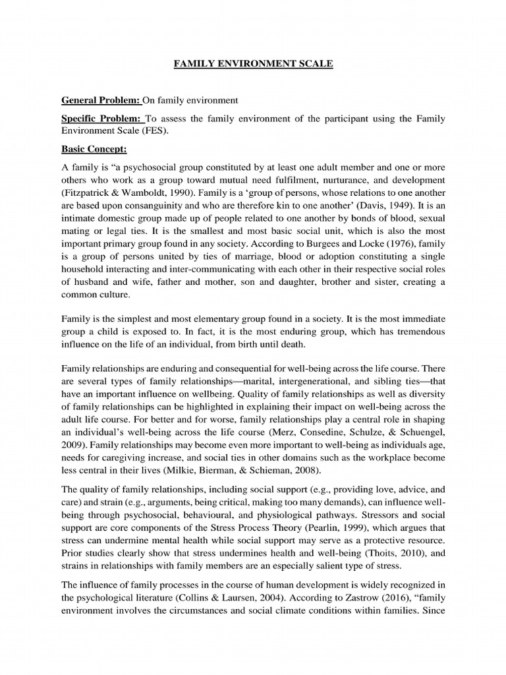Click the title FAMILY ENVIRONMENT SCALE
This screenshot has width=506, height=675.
click(x=253, y=65)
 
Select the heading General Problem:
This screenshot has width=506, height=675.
click(x=101, y=100)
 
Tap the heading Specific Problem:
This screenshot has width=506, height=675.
click(x=102, y=119)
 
